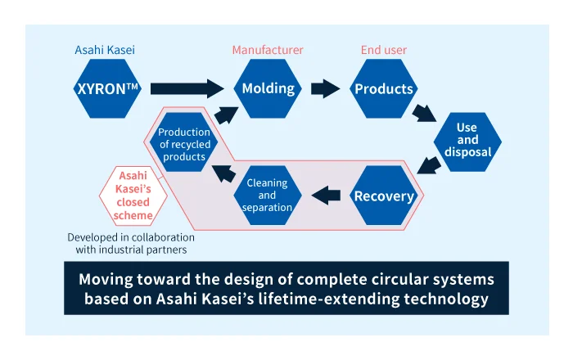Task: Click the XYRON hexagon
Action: coord(106,88)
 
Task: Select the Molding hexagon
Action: coord(268,88)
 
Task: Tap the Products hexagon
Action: coord(384,88)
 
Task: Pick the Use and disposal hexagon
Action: coord(467,140)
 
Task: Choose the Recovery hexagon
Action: coord(384,196)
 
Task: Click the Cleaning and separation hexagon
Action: coord(268,196)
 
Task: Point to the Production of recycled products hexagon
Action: coord(184,144)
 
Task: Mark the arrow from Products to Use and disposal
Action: coord(425,112)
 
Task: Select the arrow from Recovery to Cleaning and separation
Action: coord(327,196)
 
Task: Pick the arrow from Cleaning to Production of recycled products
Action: coord(222,170)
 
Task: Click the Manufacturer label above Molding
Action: coord(268,51)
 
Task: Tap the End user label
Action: coord(384,51)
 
